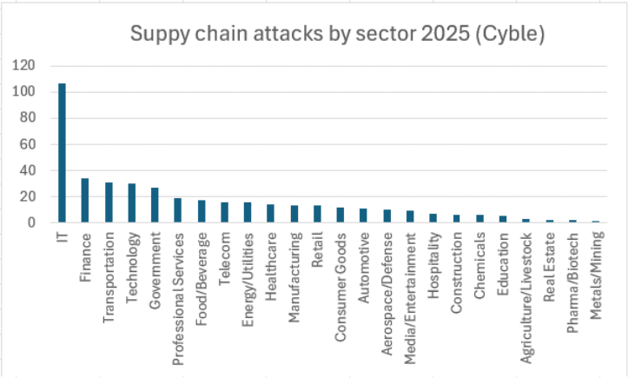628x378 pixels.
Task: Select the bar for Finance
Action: coord(85,201)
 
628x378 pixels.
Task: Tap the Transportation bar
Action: coord(109,202)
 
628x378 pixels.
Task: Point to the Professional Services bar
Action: coord(178,210)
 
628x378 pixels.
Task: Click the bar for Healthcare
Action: coord(270,214)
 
